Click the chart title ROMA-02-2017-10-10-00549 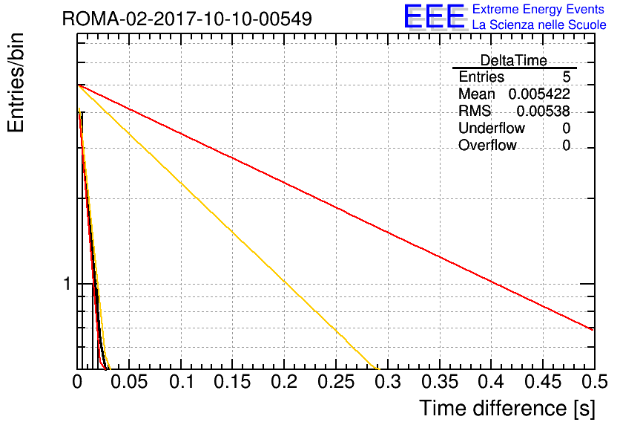pos(187,19)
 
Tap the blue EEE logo pos(434,16)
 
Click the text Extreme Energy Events pos(538,9)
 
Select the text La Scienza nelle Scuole pos(539,25)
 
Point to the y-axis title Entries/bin pos(16,83)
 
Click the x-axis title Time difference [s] pos(507,408)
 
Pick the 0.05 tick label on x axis pos(129,382)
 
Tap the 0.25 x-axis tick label pos(336,382)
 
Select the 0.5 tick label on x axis pos(595,382)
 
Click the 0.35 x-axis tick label pos(440,382)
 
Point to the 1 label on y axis pos(67,284)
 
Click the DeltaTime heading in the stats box pos(514,60)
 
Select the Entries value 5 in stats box pos(566,77)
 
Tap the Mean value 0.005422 pos(539,94)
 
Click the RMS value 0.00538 pos(544,111)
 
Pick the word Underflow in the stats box pos(492,128)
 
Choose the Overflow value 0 pos(566,146)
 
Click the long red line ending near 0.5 pos(335,207)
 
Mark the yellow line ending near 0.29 pos(228,227)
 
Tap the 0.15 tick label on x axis pos(233,382)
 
